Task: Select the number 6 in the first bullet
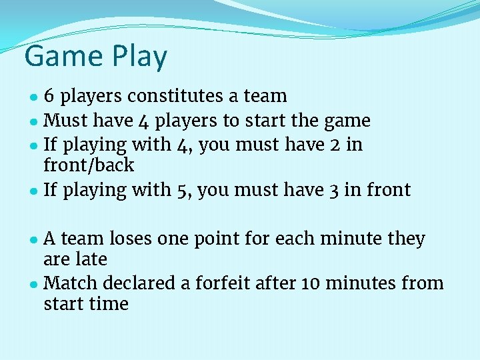pos(49,96)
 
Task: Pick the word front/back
pos(89,165)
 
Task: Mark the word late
pos(93,259)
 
